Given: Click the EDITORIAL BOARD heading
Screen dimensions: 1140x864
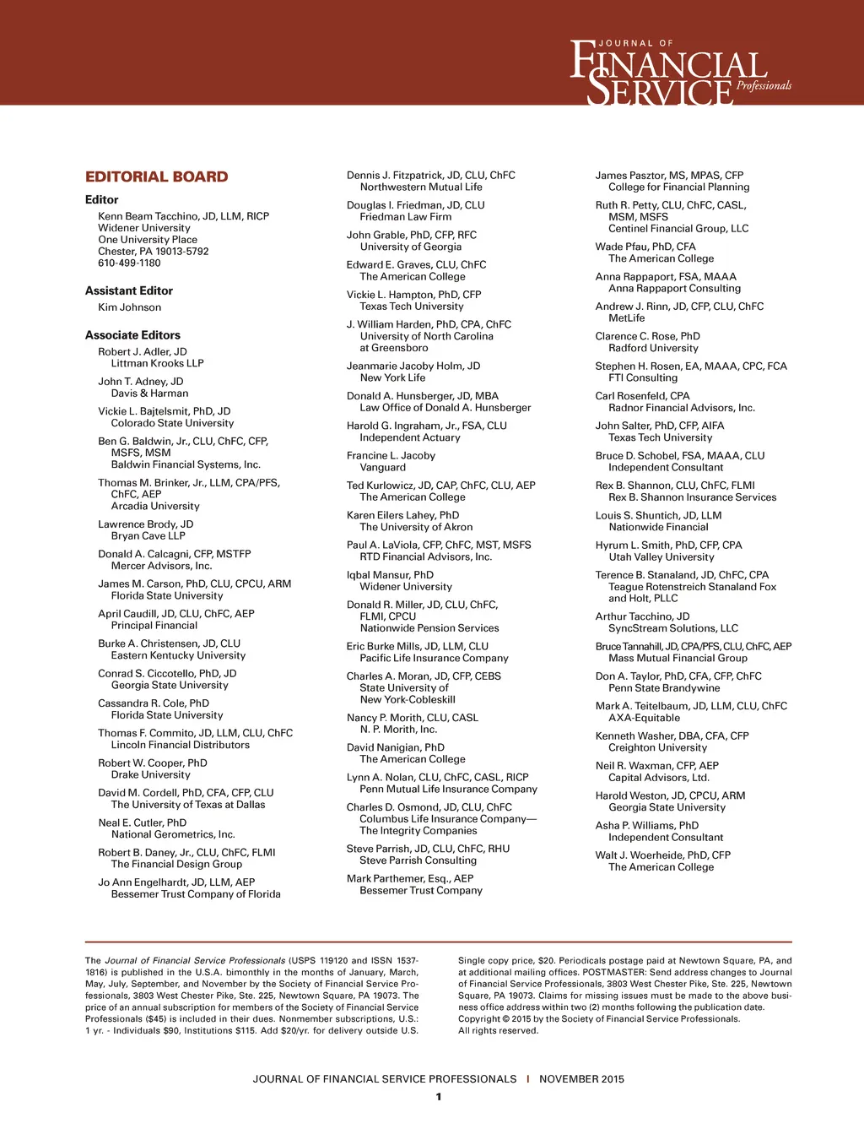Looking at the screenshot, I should [156, 176].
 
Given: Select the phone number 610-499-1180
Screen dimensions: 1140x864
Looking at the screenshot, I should [129, 263].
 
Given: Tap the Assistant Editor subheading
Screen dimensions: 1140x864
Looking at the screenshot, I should [129, 290].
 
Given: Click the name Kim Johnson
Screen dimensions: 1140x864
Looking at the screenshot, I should [129, 307].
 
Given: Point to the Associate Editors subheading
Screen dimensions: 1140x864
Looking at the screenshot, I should [132, 335].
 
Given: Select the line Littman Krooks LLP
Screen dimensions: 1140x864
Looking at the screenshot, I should [158, 363].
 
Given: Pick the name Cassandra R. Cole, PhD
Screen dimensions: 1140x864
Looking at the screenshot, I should [154, 703].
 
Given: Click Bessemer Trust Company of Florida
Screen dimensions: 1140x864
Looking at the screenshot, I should [196, 894].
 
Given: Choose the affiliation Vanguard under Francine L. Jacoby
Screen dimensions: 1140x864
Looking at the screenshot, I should [383, 468].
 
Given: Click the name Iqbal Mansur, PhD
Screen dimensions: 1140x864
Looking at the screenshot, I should [390, 575].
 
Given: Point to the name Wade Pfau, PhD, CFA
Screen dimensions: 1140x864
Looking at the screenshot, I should [645, 247].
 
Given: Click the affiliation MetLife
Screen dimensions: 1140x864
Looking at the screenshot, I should [627, 318].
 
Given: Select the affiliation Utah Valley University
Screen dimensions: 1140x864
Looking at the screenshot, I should [661, 557].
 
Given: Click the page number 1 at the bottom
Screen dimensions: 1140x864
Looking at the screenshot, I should [439, 1097].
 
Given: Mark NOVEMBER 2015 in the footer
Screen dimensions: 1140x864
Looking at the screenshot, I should [582, 1079].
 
